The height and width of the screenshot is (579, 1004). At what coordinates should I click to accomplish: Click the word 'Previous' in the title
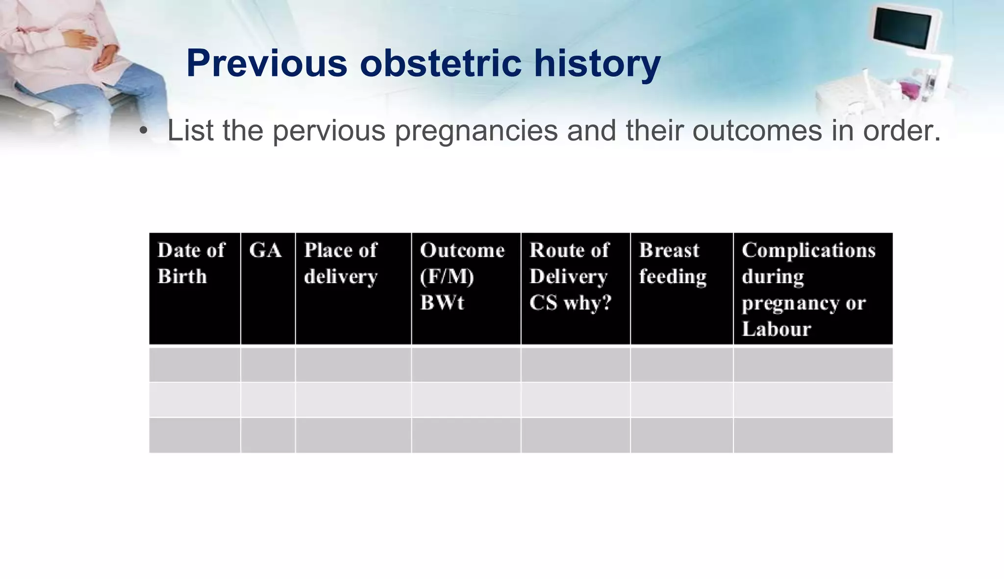pyautogui.click(x=267, y=64)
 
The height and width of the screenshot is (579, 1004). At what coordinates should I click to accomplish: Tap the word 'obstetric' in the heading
pyautogui.click(x=440, y=64)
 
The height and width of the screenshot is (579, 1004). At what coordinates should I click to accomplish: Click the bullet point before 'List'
pyautogui.click(x=143, y=131)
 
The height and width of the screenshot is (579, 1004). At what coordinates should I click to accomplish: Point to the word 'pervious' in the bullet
pyautogui.click(x=329, y=131)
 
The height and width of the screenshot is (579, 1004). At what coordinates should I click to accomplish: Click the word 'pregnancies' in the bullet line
pyautogui.click(x=476, y=131)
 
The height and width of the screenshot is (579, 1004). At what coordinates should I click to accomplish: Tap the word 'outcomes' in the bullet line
pyautogui.click(x=757, y=131)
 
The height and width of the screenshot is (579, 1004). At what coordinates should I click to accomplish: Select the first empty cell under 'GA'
pyautogui.click(x=268, y=364)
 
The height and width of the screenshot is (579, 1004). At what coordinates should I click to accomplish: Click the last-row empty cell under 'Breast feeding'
pyautogui.click(x=681, y=435)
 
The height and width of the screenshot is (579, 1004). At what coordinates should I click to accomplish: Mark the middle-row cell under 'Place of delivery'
pyautogui.click(x=353, y=400)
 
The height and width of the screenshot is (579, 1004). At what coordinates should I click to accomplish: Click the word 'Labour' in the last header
pyautogui.click(x=777, y=329)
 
